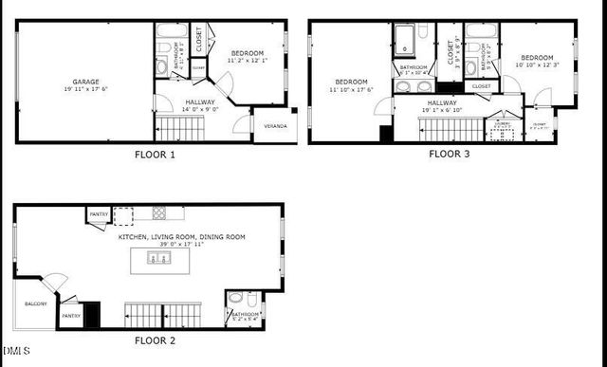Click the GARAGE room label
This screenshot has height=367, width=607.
(85, 82)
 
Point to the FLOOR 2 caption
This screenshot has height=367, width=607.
(155, 339)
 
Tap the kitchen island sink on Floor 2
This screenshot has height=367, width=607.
(157, 258)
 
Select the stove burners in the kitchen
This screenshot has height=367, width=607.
(160, 212)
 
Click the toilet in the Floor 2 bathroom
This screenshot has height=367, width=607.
(235, 298)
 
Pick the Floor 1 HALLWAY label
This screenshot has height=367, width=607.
(200, 101)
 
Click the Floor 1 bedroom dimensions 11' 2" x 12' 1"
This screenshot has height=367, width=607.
(247, 60)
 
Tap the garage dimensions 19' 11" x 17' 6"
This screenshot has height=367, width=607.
(85, 90)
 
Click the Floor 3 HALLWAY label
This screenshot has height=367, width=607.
(442, 102)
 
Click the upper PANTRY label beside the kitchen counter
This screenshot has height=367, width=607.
(99, 215)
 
